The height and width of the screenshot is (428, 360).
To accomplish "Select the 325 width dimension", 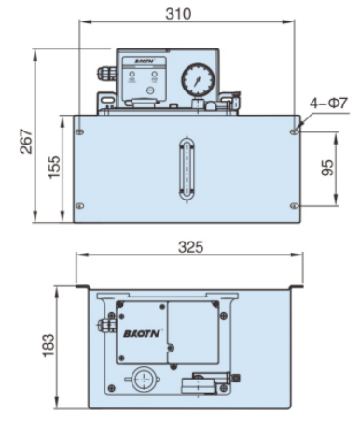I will coord(190,248).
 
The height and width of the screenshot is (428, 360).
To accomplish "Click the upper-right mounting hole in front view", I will coord(294,131).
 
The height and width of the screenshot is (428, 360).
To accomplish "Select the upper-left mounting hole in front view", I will coord(80,131).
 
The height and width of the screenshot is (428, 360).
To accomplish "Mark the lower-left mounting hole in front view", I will coord(80,206).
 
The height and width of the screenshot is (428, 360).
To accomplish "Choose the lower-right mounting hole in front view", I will coord(294,206).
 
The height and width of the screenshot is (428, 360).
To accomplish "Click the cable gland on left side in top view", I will coord(101,325).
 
